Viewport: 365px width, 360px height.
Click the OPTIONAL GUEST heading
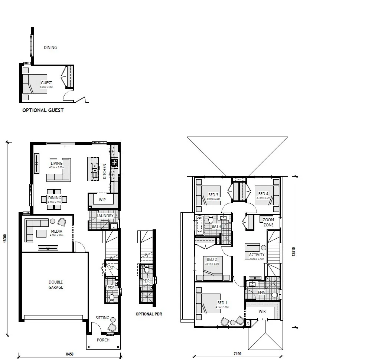(x=43, y=110)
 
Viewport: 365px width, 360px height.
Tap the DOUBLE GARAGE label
(x=56, y=285)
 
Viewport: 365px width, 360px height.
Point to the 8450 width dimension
(x=69, y=354)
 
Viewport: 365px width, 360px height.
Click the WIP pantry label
(x=102, y=200)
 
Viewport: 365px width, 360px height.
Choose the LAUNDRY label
(x=105, y=216)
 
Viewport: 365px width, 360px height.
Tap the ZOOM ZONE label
(x=268, y=222)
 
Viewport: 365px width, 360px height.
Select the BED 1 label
(x=222, y=302)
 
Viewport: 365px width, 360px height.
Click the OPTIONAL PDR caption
(x=149, y=314)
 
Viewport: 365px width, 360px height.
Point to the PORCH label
(x=103, y=340)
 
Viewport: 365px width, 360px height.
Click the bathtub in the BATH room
(x=200, y=225)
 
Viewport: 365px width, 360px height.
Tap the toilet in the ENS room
(x=275, y=295)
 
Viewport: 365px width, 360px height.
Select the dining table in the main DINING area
(x=55, y=199)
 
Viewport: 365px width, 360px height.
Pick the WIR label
(x=262, y=312)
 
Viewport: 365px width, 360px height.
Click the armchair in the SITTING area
(x=112, y=327)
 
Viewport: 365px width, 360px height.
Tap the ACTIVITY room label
(x=257, y=255)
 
